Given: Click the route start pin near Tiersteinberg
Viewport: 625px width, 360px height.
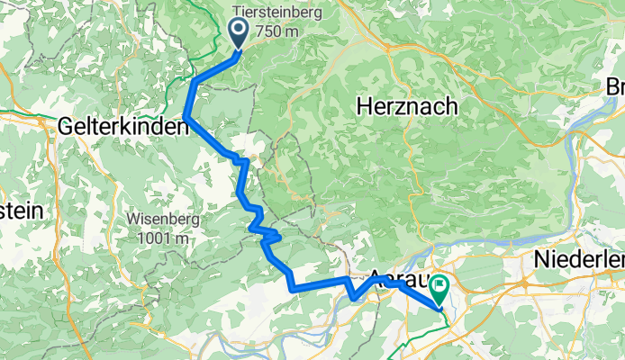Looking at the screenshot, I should point(240,33).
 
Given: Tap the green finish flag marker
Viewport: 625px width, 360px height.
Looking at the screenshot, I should point(439,290).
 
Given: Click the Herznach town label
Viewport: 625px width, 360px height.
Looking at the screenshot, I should point(406,105).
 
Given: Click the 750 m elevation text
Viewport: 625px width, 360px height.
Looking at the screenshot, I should point(276,31).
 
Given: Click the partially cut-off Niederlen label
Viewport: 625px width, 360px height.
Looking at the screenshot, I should point(576,259).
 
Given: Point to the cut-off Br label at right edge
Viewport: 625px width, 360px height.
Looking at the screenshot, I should point(615,87).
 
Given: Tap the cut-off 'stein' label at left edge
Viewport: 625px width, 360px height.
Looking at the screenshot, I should point(20,210).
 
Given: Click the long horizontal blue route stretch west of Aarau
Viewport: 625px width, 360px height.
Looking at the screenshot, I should point(320,285).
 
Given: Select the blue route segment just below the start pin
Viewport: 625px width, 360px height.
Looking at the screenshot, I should point(221,68).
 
